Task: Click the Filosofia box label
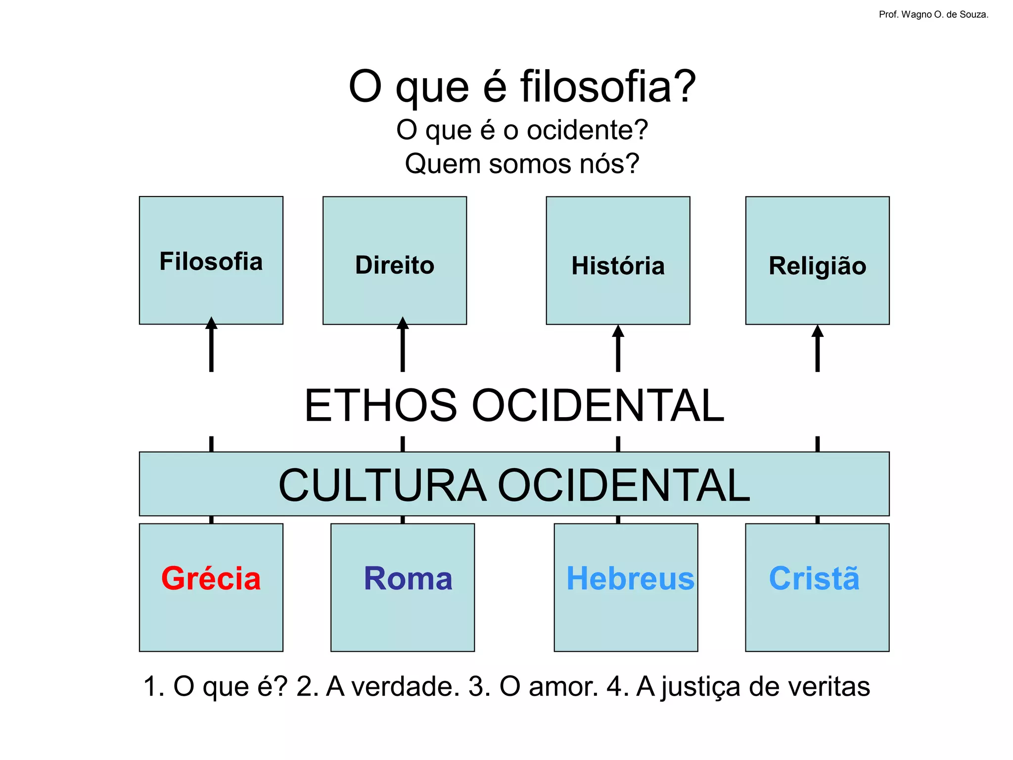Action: click(x=211, y=261)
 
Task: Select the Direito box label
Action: click(x=395, y=265)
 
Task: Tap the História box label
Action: click(x=618, y=266)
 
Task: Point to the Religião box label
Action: click(x=817, y=266)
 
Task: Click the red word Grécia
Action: click(x=211, y=578)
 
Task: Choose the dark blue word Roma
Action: click(x=408, y=578)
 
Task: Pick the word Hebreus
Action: click(x=630, y=578)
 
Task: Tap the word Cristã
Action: click(x=814, y=578)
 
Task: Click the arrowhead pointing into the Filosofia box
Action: click(x=211, y=323)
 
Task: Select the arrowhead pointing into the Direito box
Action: click(x=403, y=323)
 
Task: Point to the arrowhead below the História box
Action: click(x=618, y=331)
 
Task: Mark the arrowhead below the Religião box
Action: click(x=818, y=331)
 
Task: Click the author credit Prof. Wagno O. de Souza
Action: click(x=933, y=15)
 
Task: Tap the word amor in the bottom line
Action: click(x=563, y=686)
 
